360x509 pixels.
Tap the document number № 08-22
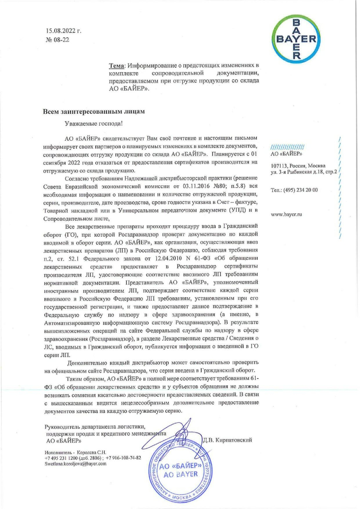click(57, 40)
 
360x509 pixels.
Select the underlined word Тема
click(116, 65)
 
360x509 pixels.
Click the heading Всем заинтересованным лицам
click(94, 112)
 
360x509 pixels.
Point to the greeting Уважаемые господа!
click(94, 124)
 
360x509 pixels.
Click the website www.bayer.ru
click(286, 214)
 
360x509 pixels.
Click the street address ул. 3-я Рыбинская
click(296, 172)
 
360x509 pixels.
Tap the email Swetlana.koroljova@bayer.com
click(75, 463)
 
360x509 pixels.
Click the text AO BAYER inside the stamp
click(181, 474)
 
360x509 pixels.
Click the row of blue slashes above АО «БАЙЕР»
click(287, 147)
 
